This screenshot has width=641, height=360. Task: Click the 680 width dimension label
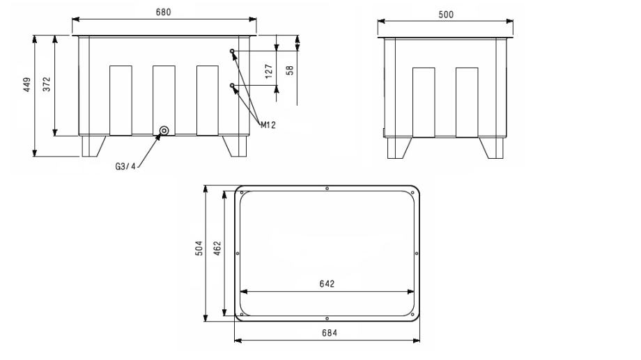tap(164, 13)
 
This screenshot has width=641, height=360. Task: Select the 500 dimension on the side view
tap(446, 15)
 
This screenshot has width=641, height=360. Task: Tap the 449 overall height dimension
tap(26, 84)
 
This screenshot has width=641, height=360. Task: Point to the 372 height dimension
tap(47, 84)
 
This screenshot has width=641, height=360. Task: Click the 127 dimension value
tap(268, 71)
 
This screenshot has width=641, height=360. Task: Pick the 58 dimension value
tap(290, 70)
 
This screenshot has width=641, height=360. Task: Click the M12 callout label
tap(268, 125)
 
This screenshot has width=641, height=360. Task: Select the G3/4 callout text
tap(125, 166)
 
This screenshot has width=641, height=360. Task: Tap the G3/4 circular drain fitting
tap(164, 131)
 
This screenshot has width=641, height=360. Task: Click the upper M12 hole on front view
tap(232, 51)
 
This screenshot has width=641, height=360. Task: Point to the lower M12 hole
tap(232, 85)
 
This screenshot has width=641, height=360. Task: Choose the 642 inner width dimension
tap(327, 283)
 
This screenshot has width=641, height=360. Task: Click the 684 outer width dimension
tap(330, 333)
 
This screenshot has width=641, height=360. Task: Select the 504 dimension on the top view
tap(199, 248)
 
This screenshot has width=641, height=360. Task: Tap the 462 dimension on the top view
tap(217, 248)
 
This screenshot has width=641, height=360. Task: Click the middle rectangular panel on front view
tap(164, 100)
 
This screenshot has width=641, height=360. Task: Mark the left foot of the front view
tap(93, 146)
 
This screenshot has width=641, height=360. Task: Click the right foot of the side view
tap(492, 148)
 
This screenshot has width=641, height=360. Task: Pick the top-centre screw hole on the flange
tap(327, 189)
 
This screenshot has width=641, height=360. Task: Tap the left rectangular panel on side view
tap(424, 102)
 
